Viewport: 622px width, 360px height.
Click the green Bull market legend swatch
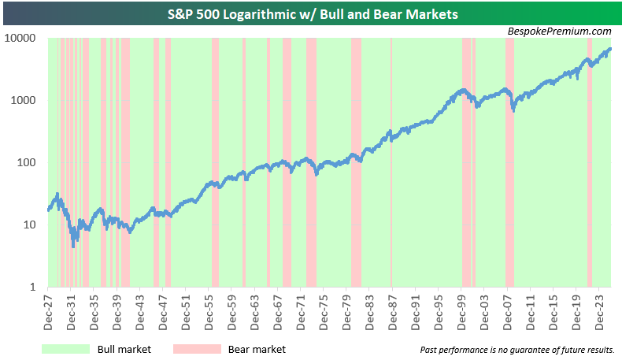pyautogui.click(x=65, y=348)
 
